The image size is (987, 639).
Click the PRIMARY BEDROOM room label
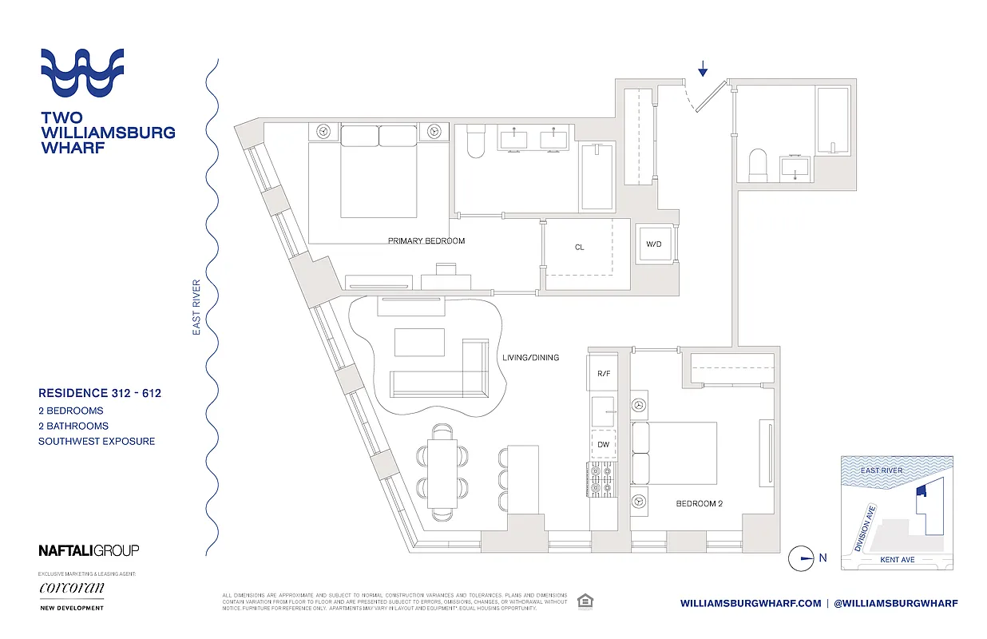point(426,240)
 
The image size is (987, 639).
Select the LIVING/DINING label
point(530,358)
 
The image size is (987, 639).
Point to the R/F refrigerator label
point(604,373)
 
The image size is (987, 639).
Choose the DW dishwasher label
point(604,444)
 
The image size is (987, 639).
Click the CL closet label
point(579,248)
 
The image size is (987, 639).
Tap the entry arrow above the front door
point(703,70)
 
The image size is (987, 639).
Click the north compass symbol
point(799,558)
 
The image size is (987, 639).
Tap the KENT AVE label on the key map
point(897,560)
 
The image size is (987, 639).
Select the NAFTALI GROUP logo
point(89,550)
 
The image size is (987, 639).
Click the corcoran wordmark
point(72,589)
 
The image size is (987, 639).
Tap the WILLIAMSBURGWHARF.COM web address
point(750,603)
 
